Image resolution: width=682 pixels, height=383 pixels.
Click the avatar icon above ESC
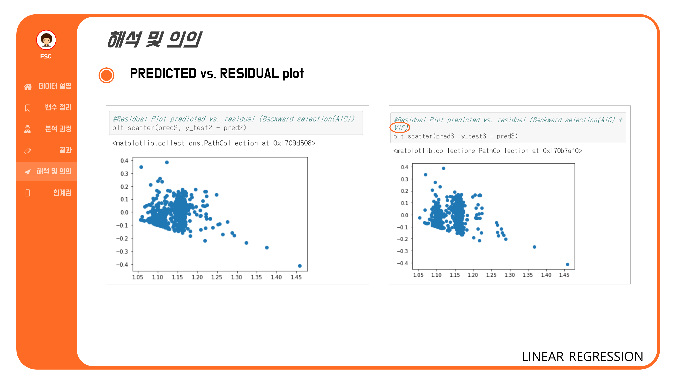pyautogui.click(x=46, y=40)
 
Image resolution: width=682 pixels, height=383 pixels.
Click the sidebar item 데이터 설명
pyautogui.click(x=55, y=86)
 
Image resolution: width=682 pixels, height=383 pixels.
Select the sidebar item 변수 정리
pyautogui.click(x=58, y=107)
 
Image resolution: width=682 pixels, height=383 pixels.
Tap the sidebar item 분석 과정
pyautogui.click(x=58, y=129)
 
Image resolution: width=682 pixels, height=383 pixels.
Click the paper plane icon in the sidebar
pyautogui.click(x=27, y=172)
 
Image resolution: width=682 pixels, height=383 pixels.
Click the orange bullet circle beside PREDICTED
pyautogui.click(x=106, y=75)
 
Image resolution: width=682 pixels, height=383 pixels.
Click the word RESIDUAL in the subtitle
pyautogui.click(x=249, y=74)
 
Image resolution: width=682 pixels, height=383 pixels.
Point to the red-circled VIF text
pyautogui.click(x=400, y=128)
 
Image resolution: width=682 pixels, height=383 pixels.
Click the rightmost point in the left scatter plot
pyautogui.click(x=300, y=266)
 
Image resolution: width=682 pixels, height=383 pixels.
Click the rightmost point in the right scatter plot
pyautogui.click(x=567, y=264)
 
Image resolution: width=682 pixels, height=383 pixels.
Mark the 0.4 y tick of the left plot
pyautogui.click(x=124, y=161)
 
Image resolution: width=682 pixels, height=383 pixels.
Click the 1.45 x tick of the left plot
pyautogui.click(x=296, y=277)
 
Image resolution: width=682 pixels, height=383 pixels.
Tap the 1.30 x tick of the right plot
pyautogui.click(x=509, y=275)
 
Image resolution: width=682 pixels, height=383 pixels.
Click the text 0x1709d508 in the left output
pyautogui.click(x=294, y=143)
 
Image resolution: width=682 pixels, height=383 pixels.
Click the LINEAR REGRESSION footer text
pyautogui.click(x=582, y=357)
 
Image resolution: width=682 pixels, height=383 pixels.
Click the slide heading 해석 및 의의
pyautogui.click(x=154, y=40)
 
